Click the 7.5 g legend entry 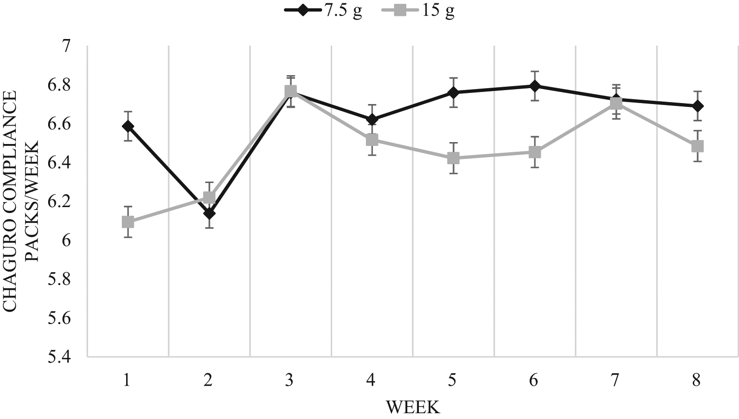(x=323, y=12)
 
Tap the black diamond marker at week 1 (x=128, y=126)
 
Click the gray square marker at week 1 (x=128, y=222)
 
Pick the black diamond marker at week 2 (x=209, y=213)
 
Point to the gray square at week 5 (x=453, y=158)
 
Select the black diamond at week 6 (x=534, y=86)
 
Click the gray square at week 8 (x=697, y=146)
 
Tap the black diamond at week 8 (x=697, y=105)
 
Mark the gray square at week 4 (x=372, y=140)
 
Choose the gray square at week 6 (x=534, y=152)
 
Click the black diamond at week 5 (x=453, y=92)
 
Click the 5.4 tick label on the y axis (x=59, y=357)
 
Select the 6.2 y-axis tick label (x=59, y=202)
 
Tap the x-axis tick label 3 (x=289, y=380)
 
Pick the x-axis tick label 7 (x=615, y=380)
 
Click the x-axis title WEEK (x=413, y=408)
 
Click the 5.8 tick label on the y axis (x=59, y=279)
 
